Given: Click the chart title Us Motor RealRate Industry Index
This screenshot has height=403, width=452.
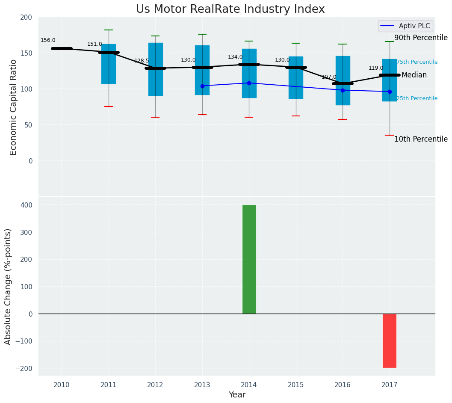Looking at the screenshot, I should [x=230, y=9].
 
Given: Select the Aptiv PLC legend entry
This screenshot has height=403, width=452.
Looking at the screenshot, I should [x=405, y=26].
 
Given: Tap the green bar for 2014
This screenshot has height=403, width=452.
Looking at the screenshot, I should [x=249, y=259].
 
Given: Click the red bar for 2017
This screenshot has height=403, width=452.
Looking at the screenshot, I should [x=389, y=341].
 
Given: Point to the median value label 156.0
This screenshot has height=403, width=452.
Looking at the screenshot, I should [x=48, y=40].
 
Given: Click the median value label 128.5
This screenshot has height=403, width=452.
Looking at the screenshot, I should [x=142, y=61].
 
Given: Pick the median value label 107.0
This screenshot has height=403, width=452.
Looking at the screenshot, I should [x=329, y=77].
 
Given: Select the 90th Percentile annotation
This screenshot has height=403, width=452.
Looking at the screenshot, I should [x=421, y=38].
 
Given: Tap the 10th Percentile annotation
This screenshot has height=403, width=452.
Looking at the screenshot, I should [x=421, y=139].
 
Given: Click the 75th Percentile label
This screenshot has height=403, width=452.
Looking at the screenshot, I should [x=417, y=62].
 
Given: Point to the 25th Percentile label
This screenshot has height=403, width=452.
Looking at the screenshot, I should [x=417, y=98].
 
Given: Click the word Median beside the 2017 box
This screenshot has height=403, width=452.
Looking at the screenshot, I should [x=414, y=75].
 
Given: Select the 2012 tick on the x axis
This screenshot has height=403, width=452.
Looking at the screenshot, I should [x=155, y=385].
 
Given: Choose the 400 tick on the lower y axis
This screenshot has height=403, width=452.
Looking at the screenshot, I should [x=27, y=205].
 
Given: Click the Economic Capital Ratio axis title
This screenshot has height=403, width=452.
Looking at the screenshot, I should [x=14, y=107].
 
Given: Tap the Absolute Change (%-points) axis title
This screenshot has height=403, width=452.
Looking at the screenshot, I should [x=8, y=286].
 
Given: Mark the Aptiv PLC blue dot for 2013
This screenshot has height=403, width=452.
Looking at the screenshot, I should [x=202, y=86].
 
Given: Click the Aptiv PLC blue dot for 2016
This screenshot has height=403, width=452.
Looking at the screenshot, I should [x=343, y=90].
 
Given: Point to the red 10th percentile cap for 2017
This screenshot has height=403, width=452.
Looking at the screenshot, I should [x=390, y=135].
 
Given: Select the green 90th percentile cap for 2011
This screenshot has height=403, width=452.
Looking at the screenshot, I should [x=109, y=30].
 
